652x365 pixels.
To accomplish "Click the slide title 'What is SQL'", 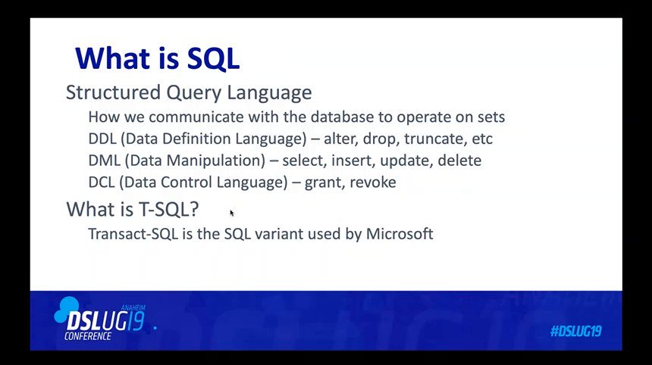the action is (157, 58).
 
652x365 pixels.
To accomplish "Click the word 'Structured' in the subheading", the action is (113, 92).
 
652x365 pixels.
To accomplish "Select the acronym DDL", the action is (102, 139).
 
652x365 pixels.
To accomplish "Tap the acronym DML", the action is (104, 160).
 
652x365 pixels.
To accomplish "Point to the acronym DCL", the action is (102, 182).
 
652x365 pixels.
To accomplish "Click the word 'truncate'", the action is (435, 139).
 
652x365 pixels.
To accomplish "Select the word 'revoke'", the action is (372, 182).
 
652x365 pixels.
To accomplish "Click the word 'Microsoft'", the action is (400, 234).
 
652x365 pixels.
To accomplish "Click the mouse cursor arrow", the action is (231, 213).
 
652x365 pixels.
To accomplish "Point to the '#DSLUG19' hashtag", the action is (576, 331).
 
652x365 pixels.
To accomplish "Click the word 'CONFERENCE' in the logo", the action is (88, 335).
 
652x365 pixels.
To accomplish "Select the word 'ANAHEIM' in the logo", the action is (133, 307).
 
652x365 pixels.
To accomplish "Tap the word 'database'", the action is (342, 117).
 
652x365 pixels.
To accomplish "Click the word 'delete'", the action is (459, 160).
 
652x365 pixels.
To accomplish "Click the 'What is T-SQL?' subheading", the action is (133, 208).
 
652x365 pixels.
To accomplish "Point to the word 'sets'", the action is (491, 117).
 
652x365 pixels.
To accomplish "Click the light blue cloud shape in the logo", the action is (67, 308).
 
